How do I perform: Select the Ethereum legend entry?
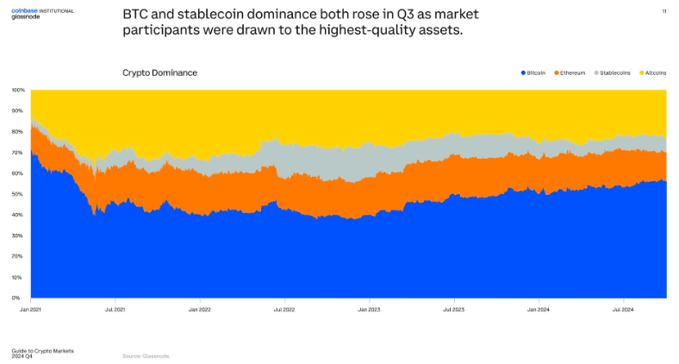tap(572, 73)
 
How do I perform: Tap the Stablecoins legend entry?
tap(614, 73)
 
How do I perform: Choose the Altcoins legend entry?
tap(655, 73)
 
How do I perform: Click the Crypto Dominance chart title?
tap(159, 72)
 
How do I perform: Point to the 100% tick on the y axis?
tap(17, 90)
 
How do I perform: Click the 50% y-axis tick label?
tap(17, 194)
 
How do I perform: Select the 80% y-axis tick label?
tap(17, 132)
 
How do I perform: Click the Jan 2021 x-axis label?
tap(31, 307)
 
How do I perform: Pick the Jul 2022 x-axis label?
tap(285, 307)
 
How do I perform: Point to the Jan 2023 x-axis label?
tap(369, 307)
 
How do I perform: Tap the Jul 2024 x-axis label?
tap(624, 307)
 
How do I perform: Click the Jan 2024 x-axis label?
tap(539, 307)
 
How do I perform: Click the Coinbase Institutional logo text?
tap(42, 11)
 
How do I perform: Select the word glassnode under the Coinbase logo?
tap(27, 17)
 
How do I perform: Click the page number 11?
tap(663, 11)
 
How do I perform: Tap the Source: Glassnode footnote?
tap(146, 355)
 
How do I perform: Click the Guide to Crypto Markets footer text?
tap(42, 350)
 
